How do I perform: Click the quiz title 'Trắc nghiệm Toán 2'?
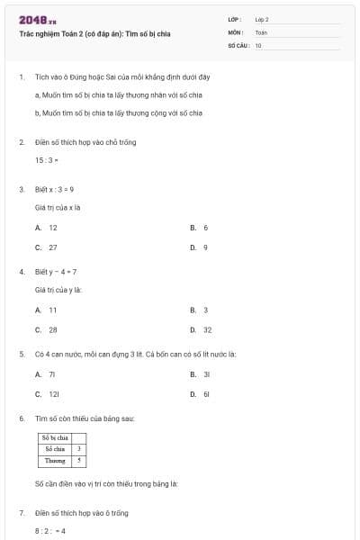(x=94, y=34)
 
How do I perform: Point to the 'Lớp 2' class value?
(x=262, y=19)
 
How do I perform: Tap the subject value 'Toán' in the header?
(x=261, y=31)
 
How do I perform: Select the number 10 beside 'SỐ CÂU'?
(x=258, y=44)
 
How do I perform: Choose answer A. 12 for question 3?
(x=47, y=228)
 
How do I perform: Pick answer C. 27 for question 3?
(x=47, y=247)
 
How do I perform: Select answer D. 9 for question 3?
(x=200, y=247)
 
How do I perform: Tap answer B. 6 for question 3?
(x=200, y=228)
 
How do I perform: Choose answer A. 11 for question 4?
(x=47, y=310)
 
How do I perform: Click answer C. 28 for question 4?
(x=47, y=329)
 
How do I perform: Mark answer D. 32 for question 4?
(x=202, y=329)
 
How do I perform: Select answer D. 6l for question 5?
(x=201, y=393)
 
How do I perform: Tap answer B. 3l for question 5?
(x=201, y=373)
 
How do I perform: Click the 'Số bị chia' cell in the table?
(x=56, y=437)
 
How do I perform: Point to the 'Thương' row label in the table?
(x=56, y=460)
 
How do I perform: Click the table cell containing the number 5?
(x=79, y=460)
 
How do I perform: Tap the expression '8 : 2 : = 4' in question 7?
(x=50, y=531)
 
